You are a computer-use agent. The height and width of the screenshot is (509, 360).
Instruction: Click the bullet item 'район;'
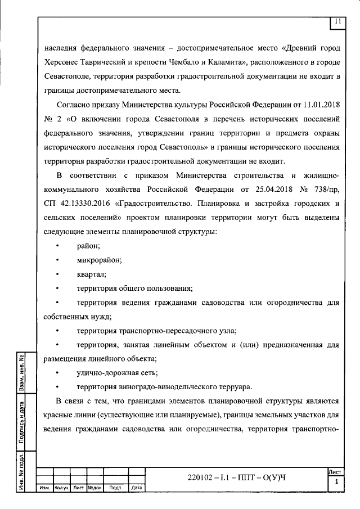89,246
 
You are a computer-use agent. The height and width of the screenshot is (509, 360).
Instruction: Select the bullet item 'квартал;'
92,274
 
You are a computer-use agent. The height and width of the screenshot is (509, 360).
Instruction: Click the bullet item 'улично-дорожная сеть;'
117,373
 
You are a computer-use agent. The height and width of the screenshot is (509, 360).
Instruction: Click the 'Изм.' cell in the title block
45,488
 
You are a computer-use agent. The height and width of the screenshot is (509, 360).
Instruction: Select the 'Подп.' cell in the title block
117,488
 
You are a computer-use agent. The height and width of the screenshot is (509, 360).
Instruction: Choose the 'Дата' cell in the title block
137,488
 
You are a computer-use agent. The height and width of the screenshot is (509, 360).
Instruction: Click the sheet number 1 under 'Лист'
336,483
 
